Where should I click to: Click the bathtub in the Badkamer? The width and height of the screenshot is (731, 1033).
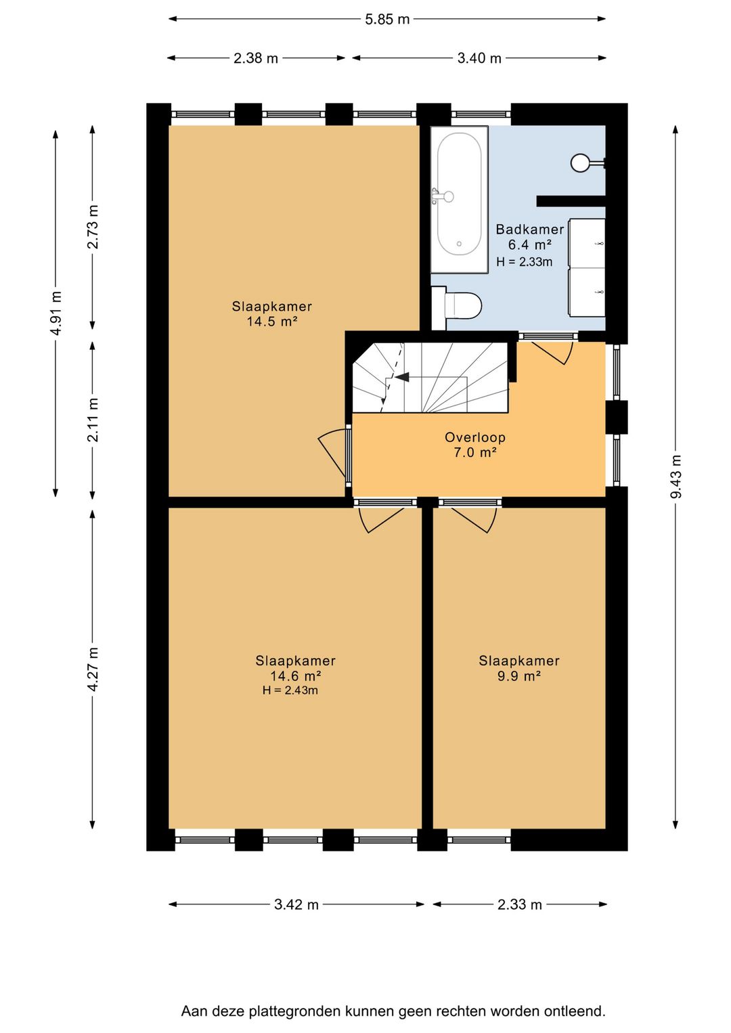[x=459, y=200]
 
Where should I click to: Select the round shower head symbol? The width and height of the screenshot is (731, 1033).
[x=580, y=162]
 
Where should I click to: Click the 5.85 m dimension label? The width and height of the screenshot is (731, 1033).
[x=387, y=19]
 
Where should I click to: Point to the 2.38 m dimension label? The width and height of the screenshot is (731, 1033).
[x=256, y=58]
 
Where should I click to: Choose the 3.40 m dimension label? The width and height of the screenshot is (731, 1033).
[x=479, y=58]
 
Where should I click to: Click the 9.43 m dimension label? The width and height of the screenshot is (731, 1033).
[x=675, y=477]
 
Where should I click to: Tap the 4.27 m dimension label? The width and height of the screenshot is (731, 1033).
[x=93, y=669]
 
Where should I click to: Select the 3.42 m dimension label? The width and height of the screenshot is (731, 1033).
[x=296, y=904]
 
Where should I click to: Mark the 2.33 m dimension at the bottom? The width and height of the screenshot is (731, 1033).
[x=519, y=904]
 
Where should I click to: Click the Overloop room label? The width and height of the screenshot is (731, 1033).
[x=474, y=437]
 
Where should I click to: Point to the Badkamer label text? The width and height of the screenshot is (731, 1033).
[x=529, y=229]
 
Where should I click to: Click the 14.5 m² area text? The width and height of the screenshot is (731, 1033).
[x=271, y=322]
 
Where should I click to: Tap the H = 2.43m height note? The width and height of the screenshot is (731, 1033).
[x=290, y=690]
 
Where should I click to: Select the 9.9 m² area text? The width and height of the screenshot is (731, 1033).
[x=518, y=676]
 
